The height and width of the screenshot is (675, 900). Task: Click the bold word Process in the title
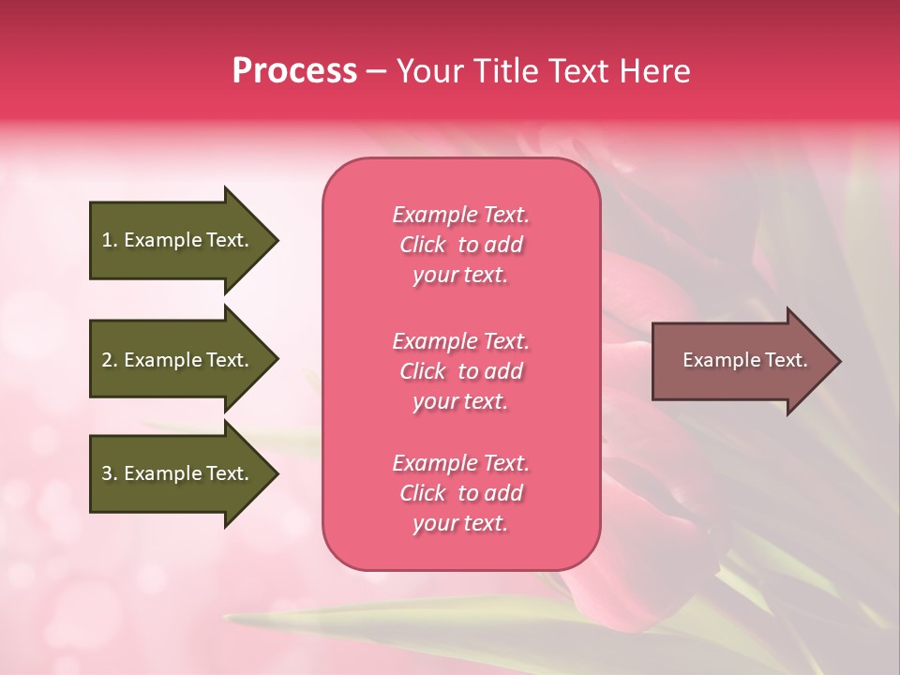tap(294, 71)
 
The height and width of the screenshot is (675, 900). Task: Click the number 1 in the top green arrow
tap(107, 240)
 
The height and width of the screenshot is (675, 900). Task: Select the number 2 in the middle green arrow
tap(107, 360)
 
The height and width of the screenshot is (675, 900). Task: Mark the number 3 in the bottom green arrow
tap(107, 473)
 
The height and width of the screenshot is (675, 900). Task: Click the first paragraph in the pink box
tap(460, 245)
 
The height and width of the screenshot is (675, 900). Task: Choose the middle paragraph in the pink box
tap(460, 371)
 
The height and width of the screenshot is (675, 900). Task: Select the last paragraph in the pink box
tap(460, 493)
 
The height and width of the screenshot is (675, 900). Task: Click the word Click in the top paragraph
tap(423, 245)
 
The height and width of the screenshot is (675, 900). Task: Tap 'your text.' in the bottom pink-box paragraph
tap(460, 523)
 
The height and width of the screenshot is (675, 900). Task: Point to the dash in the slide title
tap(377, 72)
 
